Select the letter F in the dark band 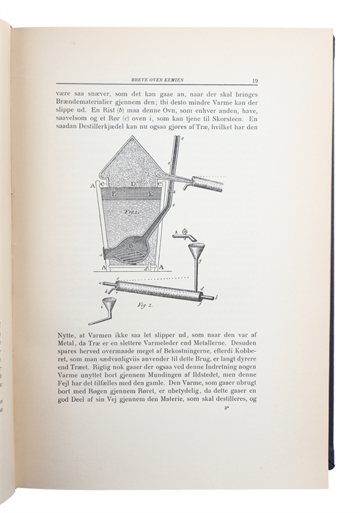pos(123,195)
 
